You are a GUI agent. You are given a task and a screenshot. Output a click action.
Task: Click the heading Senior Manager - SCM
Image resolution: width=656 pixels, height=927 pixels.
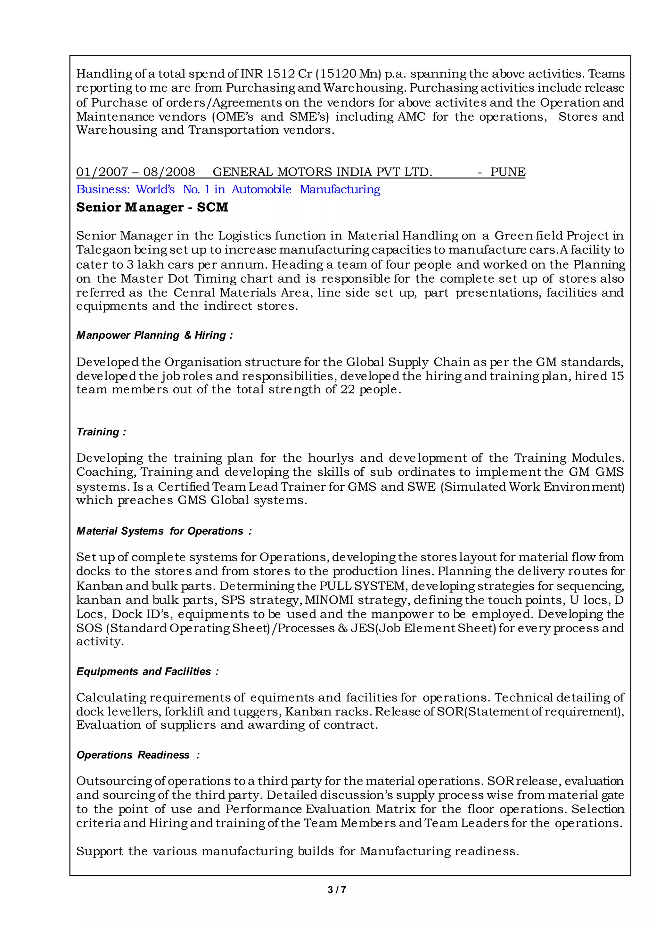point(152,207)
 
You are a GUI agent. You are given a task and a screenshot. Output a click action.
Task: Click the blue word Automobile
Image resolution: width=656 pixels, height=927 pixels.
point(261,189)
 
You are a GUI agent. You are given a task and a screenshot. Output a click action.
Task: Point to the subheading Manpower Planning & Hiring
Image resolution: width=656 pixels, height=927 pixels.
point(154,335)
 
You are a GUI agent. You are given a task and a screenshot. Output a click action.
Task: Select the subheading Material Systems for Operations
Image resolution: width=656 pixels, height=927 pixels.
point(164,531)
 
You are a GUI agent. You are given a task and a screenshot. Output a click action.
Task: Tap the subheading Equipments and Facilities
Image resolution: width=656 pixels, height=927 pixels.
point(147,672)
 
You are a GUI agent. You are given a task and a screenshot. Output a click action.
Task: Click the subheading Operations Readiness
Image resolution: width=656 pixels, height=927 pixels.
point(138,755)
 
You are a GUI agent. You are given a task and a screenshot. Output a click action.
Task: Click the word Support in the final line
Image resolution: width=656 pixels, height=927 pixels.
point(99,851)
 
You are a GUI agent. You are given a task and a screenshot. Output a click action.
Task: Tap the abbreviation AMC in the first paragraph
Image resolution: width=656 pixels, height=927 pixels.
point(411,117)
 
